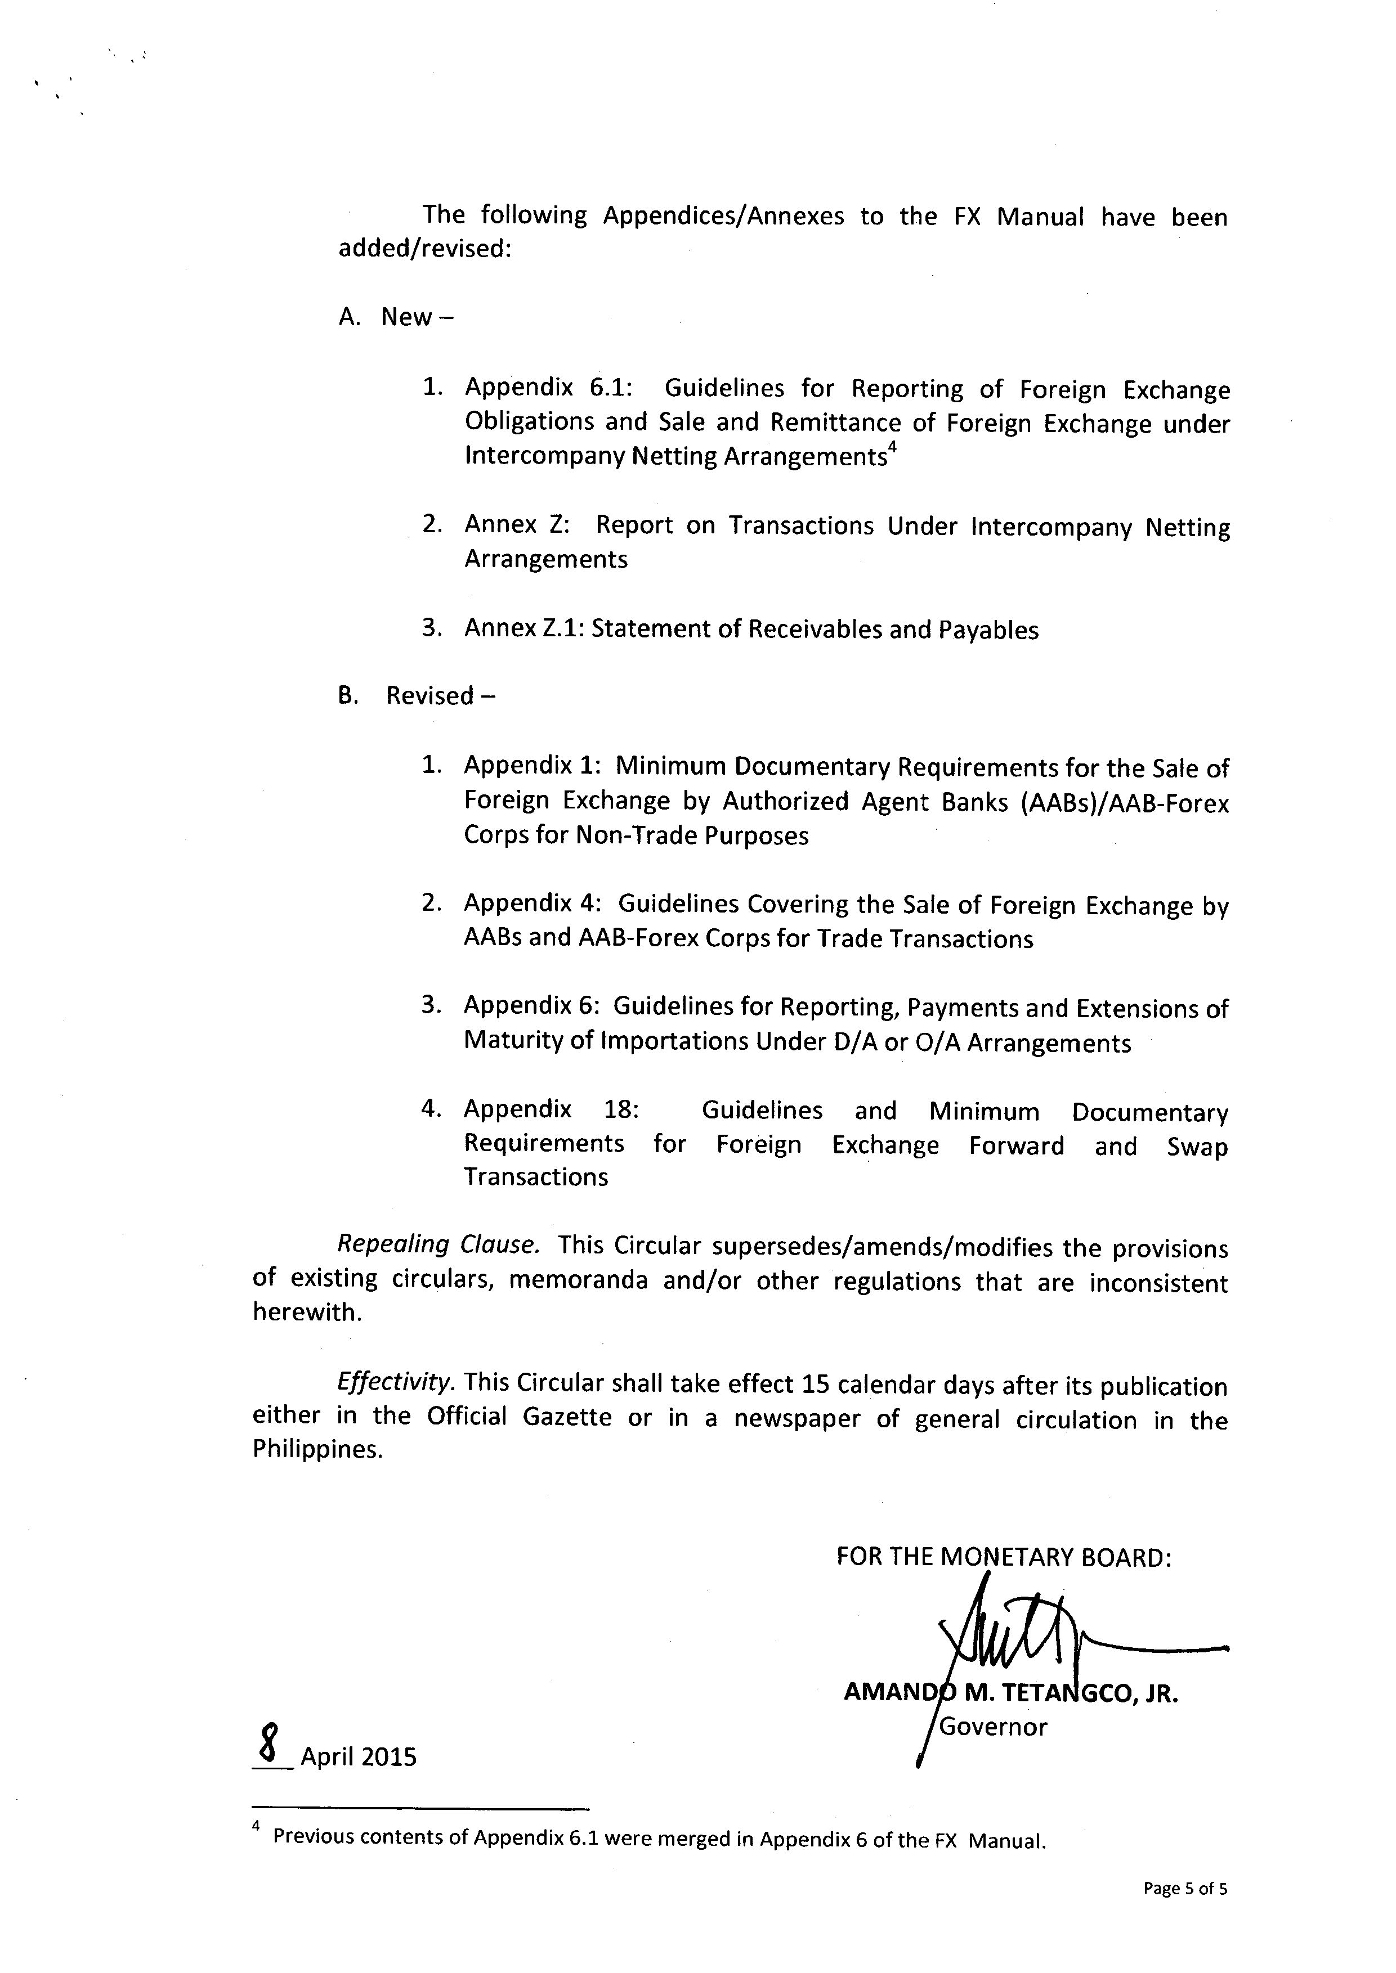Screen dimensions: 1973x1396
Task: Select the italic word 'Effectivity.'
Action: click(395, 1383)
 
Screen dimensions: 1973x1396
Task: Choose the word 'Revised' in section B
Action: click(430, 695)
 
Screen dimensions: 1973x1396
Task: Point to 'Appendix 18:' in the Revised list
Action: click(551, 1109)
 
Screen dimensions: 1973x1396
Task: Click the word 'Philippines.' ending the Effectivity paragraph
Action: click(317, 1450)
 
